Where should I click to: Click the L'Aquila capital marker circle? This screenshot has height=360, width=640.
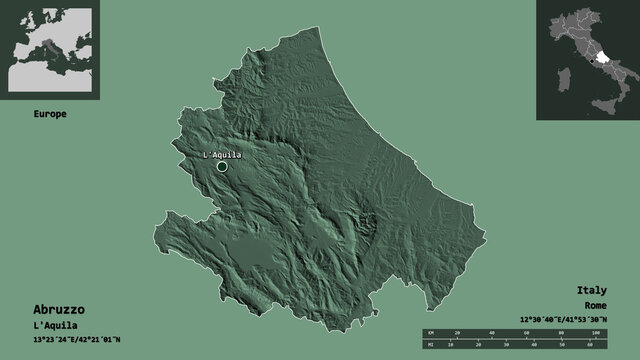tap(222, 167)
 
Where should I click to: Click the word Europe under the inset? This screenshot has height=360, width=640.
tap(49, 115)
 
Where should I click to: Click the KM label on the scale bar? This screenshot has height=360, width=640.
tap(430, 331)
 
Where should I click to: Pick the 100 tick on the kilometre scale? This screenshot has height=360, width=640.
tap(594, 331)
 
